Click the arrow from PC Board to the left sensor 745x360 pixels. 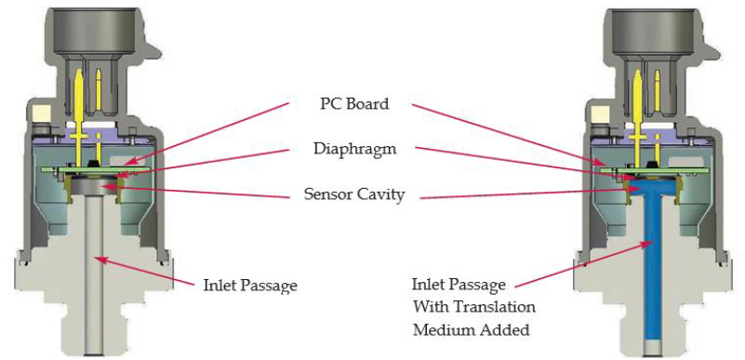click(214, 135)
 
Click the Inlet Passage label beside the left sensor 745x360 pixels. click(251, 286)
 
